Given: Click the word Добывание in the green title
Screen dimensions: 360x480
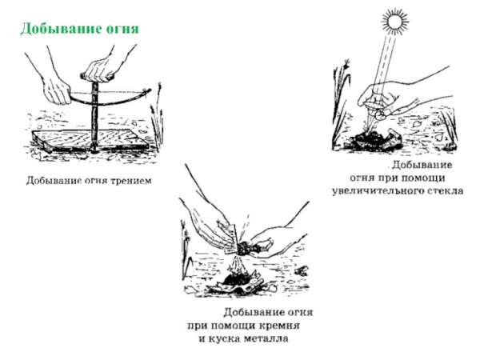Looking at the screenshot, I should click(54, 29).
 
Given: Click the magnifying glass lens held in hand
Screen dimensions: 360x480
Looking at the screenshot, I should click(383, 113).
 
